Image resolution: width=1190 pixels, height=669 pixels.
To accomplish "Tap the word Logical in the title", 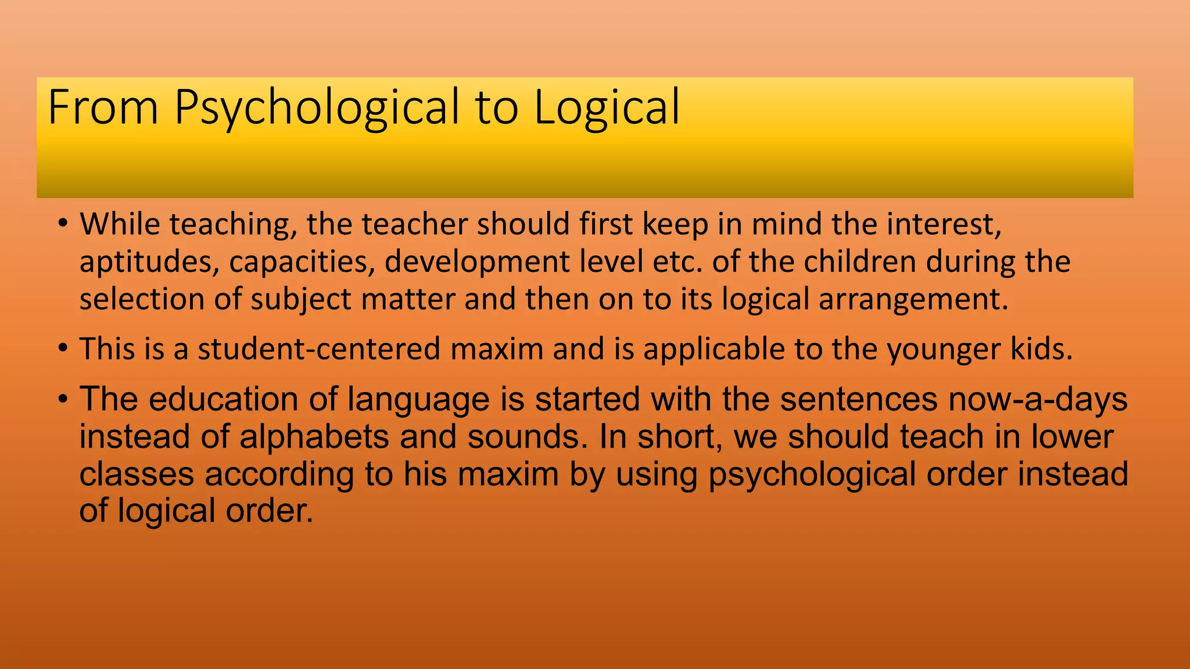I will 607,108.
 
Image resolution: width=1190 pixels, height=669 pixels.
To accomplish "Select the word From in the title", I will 103,107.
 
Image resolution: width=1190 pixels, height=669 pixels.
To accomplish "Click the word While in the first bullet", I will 120,224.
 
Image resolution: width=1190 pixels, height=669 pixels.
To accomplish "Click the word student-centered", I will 319,349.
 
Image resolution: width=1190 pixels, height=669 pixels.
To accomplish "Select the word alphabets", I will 314,437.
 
